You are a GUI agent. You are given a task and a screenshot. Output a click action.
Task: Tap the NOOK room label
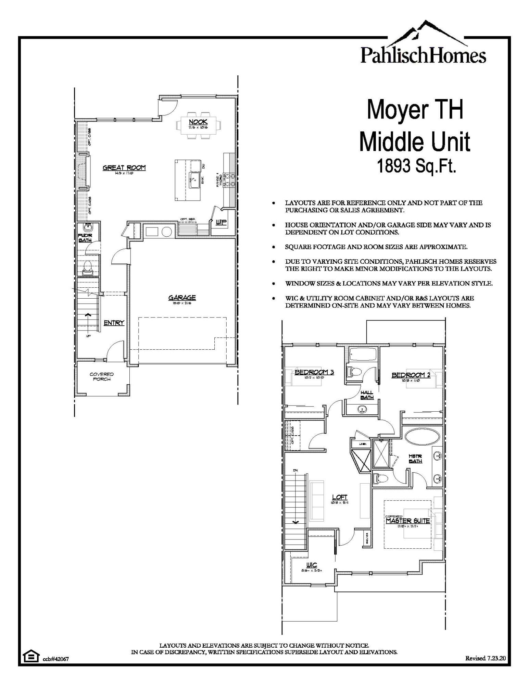(x=198, y=122)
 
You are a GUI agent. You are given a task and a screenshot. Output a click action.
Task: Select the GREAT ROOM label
(x=124, y=167)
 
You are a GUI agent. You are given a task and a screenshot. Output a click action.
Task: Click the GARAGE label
(x=182, y=297)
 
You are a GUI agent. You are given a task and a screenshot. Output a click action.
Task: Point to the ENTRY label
(x=114, y=323)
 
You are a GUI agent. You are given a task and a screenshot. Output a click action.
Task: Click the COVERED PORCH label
(x=102, y=376)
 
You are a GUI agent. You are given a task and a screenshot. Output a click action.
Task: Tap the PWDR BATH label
(x=85, y=238)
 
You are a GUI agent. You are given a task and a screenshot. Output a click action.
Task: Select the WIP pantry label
(x=221, y=222)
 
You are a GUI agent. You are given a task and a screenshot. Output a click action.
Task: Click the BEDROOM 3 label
(x=314, y=372)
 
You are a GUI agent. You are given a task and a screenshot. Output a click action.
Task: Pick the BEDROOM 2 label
(x=411, y=375)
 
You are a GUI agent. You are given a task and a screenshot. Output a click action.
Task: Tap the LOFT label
(x=340, y=497)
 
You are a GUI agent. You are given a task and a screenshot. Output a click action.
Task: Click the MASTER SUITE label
(x=407, y=521)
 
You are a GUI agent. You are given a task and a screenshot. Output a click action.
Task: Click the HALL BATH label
(x=367, y=395)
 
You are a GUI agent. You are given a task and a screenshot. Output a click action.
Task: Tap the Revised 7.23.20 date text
(x=485, y=658)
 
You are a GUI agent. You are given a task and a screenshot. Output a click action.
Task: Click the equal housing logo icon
(x=31, y=656)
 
